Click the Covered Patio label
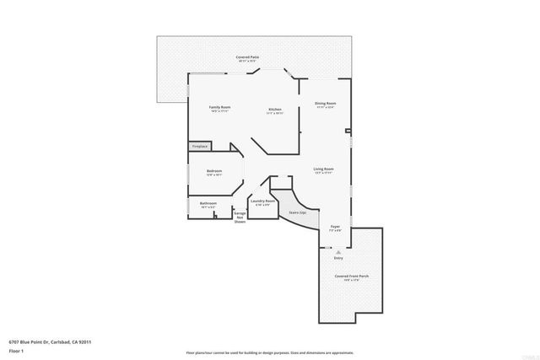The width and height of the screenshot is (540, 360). coord(247,56)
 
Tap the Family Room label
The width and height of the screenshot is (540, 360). coord(220,107)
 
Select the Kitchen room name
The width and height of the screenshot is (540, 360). coord(275,110)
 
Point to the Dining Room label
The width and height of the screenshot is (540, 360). coord(325,104)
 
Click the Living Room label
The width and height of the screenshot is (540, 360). coord(324,169)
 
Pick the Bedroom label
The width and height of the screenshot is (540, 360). coord(214,170)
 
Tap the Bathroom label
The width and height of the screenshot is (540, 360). coord(208,203)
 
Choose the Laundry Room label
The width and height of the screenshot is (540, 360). coord(263,201)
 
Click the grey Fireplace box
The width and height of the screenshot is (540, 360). coord(200,147)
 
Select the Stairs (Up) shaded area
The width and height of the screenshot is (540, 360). coord(300,215)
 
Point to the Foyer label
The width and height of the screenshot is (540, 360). coord(335,226)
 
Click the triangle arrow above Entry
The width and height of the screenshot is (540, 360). coord(338,251)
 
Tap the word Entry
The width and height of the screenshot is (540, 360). coord(338,258)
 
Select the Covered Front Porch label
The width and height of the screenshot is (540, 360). coord(351,277)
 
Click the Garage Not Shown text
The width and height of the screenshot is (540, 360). coord(240,217)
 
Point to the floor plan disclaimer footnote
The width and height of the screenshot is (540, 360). coord(270,352)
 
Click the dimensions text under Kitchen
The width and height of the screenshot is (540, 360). coord(275,113)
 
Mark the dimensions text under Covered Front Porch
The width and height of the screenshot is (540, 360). coord(351,281)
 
